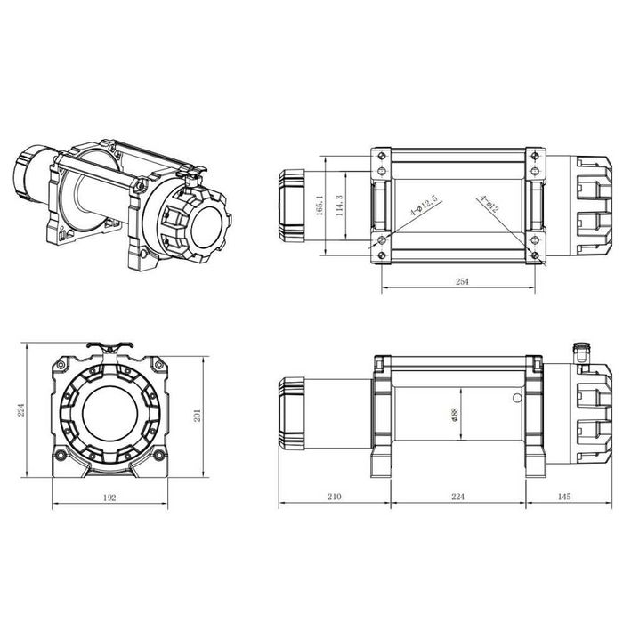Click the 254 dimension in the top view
tap(461, 281)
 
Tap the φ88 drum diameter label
tap(455, 417)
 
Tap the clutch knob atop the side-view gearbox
tap(583, 349)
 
